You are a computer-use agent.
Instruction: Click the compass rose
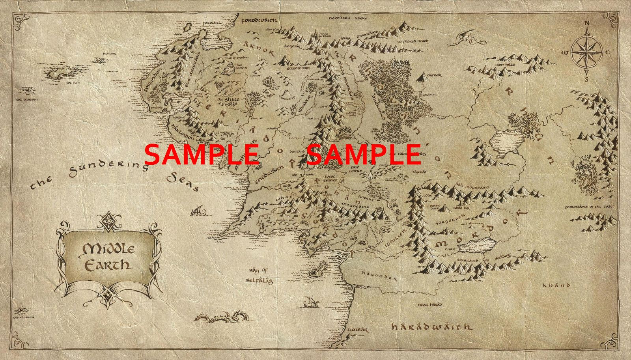pyautogui.click(x=586, y=53)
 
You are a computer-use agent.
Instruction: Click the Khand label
pyautogui.click(x=556, y=285)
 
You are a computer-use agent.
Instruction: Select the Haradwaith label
pyautogui.click(x=431, y=327)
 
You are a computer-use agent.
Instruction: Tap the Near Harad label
pyautogui.click(x=430, y=304)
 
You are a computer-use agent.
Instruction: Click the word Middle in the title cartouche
pyautogui.click(x=108, y=249)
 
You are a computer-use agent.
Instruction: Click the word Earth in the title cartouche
pyautogui.click(x=108, y=265)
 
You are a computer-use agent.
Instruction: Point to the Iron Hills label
pyautogui.click(x=505, y=64)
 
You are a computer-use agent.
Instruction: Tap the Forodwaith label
pyautogui.click(x=259, y=20)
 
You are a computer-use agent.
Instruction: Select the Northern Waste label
pyautogui.click(x=348, y=18)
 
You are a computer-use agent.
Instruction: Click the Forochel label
pyautogui.click(x=213, y=23)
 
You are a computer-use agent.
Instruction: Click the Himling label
pyautogui.click(x=109, y=54)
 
